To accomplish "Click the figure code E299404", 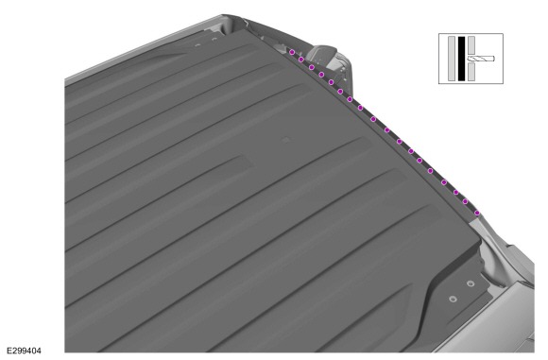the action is [25, 351].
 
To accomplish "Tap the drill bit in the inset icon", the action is [481, 59].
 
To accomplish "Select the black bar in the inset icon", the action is [461, 59].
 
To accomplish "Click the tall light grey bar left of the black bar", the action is [452, 59].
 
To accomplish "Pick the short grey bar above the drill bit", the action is [471, 45].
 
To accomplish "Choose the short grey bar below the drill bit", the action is [471, 72].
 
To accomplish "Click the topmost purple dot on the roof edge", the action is [292, 52].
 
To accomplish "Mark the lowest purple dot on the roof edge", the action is [477, 213].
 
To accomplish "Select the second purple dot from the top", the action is [300, 60].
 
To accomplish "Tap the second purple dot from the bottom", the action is [465, 201].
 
